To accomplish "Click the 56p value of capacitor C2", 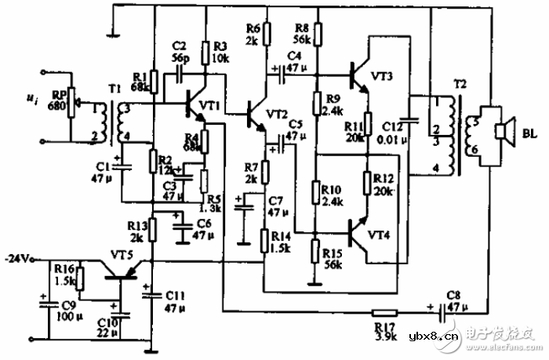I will [x=180, y=60].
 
